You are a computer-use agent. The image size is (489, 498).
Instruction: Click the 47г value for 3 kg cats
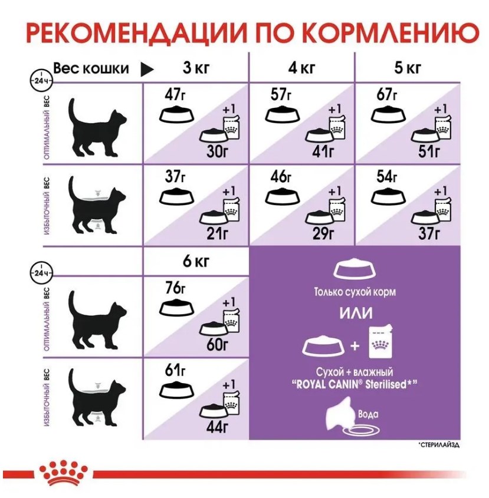(175, 94)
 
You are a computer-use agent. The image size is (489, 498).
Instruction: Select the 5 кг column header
(408, 68)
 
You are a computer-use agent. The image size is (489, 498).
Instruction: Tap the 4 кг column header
(302, 68)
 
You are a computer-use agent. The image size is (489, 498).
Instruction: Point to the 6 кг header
(196, 262)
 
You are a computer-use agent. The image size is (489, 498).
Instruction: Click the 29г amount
(323, 234)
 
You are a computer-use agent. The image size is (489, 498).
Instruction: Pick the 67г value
(387, 94)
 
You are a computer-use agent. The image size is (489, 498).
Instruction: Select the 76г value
(175, 288)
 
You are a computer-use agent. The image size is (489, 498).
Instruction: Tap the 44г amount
(217, 427)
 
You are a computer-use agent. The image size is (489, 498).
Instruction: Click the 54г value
(387, 177)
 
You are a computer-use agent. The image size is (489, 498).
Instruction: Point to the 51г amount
(429, 151)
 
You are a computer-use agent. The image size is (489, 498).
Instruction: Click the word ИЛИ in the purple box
(356, 313)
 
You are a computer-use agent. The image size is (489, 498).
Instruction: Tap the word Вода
(368, 414)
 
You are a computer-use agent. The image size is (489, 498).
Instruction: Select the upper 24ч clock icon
(41, 80)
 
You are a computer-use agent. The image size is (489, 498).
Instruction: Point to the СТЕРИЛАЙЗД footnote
(439, 445)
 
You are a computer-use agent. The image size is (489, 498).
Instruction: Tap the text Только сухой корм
(355, 292)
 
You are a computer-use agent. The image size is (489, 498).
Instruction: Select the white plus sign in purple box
(355, 345)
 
